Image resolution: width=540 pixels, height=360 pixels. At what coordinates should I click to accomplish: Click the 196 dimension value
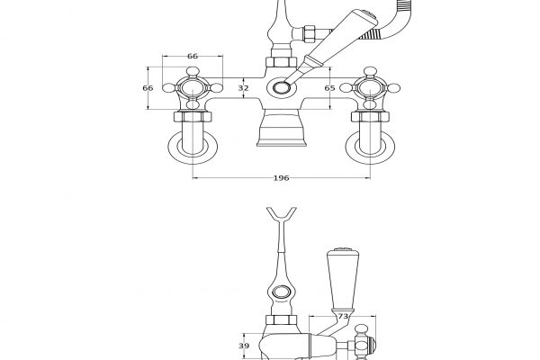pos(281,178)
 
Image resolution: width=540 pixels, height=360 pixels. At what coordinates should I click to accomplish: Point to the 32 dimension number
pos(243,88)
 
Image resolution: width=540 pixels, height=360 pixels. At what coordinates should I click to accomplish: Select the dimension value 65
pos(329,88)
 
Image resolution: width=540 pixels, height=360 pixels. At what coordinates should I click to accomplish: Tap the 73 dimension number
pos(343,316)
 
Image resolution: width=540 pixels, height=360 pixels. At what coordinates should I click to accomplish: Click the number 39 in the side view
pos(244,346)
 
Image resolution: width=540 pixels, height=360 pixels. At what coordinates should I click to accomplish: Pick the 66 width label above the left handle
pos(193,56)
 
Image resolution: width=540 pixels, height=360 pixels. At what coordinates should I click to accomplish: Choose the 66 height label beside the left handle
pos(148,88)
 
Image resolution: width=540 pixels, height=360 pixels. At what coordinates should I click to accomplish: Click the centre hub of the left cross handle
pos(193,88)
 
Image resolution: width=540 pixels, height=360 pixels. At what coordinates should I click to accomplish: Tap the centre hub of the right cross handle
pos(370,88)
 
